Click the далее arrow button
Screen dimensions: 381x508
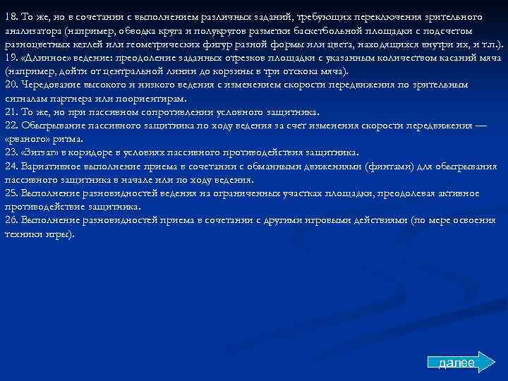pyautogui.click(x=456, y=363)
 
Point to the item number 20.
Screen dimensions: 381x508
pyautogui.click(x=11, y=84)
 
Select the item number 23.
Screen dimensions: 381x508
pyautogui.click(x=11, y=152)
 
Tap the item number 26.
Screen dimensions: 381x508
pyautogui.click(x=11, y=219)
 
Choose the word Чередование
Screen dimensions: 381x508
pyautogui.click(x=54, y=84)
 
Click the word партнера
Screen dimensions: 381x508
pyautogui.click(x=68, y=97)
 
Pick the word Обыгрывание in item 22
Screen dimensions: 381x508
pyautogui.click(x=55, y=125)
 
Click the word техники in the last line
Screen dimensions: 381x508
pyautogui.click(x=21, y=233)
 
